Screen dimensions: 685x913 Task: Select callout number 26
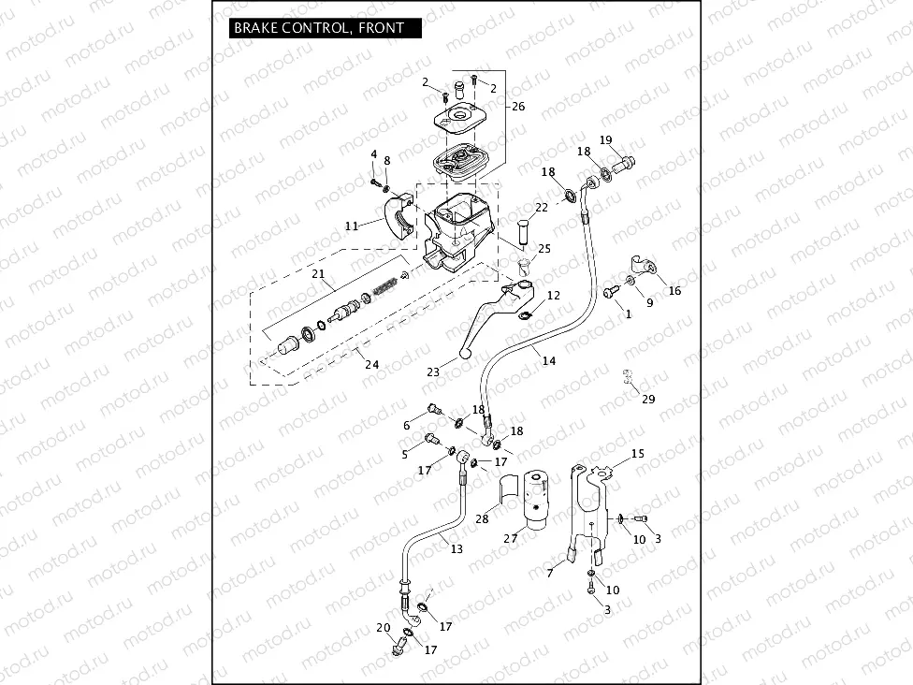518,107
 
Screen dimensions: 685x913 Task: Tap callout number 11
351,226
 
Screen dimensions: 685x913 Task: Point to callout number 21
317,275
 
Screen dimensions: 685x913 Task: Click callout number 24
371,364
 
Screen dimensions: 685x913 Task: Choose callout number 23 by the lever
432,372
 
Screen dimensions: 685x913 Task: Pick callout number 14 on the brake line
548,360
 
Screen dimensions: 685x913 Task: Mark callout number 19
605,140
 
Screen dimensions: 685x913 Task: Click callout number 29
648,400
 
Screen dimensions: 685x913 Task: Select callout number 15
638,454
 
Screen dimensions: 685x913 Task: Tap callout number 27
511,538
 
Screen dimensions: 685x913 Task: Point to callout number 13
456,549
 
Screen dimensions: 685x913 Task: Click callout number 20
383,627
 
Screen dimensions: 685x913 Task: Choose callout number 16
674,291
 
